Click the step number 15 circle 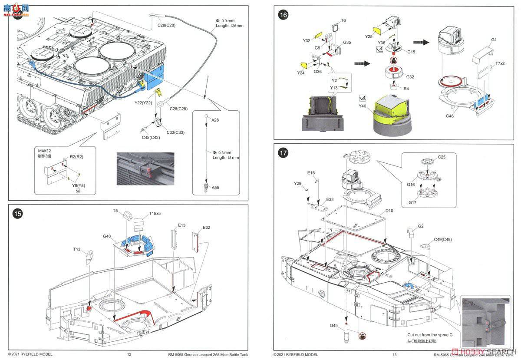[18, 214]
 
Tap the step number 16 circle [284, 15]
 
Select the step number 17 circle [284, 153]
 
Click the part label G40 [107, 237]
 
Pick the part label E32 [206, 228]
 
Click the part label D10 [389, 211]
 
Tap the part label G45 [333, 326]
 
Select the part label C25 [442, 157]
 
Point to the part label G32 [410, 76]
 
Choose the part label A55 [216, 187]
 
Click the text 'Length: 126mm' [230, 26]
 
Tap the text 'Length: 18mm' [225, 158]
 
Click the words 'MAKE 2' [45, 151]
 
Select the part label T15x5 [155, 213]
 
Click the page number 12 [129, 354]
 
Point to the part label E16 [311, 172]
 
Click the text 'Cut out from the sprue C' [429, 335]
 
